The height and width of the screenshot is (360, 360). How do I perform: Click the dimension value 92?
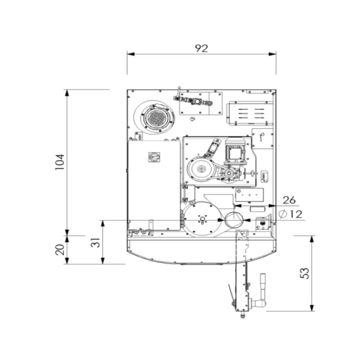pos(201,48)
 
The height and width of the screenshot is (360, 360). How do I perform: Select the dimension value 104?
pos(60,162)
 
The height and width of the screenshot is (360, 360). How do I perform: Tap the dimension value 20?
pos(60,250)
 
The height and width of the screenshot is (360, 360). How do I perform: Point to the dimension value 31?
pos(95,243)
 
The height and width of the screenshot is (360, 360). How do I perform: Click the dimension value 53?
pos(305,273)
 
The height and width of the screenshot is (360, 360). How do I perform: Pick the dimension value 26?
pos(289,200)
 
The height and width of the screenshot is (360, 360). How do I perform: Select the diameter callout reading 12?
pos(290,215)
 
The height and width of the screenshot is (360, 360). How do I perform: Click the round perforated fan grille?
pos(157,118)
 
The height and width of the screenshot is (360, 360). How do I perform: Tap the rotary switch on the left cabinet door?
pos(154,157)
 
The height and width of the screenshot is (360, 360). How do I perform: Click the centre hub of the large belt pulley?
pos(201,169)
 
